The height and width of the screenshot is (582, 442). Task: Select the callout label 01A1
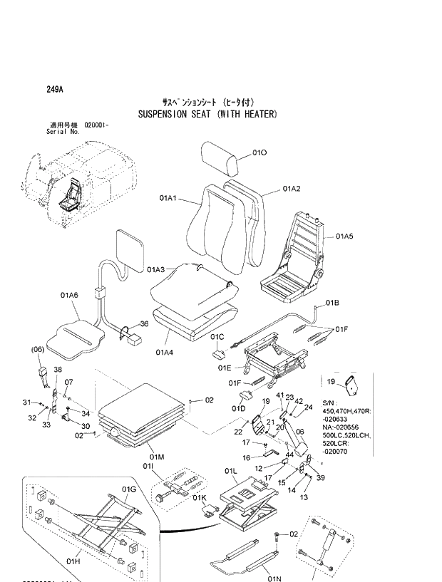(171, 200)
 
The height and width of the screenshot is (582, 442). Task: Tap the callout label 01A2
(291, 189)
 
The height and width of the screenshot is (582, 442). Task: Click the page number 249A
(54, 90)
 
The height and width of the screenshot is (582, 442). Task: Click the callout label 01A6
(69, 294)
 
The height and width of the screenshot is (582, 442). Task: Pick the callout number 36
(143, 324)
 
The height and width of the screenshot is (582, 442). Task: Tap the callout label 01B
(332, 303)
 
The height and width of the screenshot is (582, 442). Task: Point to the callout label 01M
(157, 457)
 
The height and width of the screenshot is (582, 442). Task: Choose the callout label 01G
(128, 489)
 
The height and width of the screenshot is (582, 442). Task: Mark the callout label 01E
(225, 368)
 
